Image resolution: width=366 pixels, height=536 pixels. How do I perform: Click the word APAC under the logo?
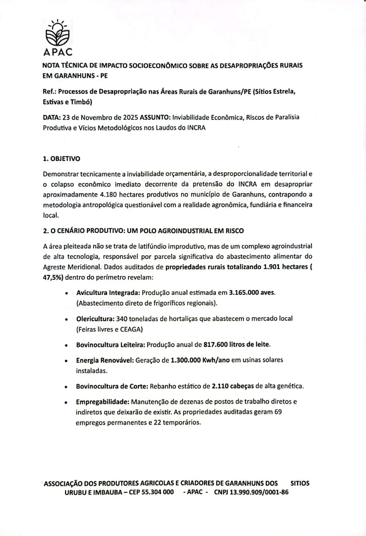(58, 52)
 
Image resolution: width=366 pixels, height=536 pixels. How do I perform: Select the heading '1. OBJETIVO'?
(61, 159)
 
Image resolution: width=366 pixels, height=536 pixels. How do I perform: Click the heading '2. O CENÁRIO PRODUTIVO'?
(143, 231)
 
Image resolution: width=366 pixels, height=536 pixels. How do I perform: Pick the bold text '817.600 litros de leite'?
(237, 345)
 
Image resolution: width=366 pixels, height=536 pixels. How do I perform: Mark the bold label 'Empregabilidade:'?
(100, 402)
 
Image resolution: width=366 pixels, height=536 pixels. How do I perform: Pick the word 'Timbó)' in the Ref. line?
(81, 102)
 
